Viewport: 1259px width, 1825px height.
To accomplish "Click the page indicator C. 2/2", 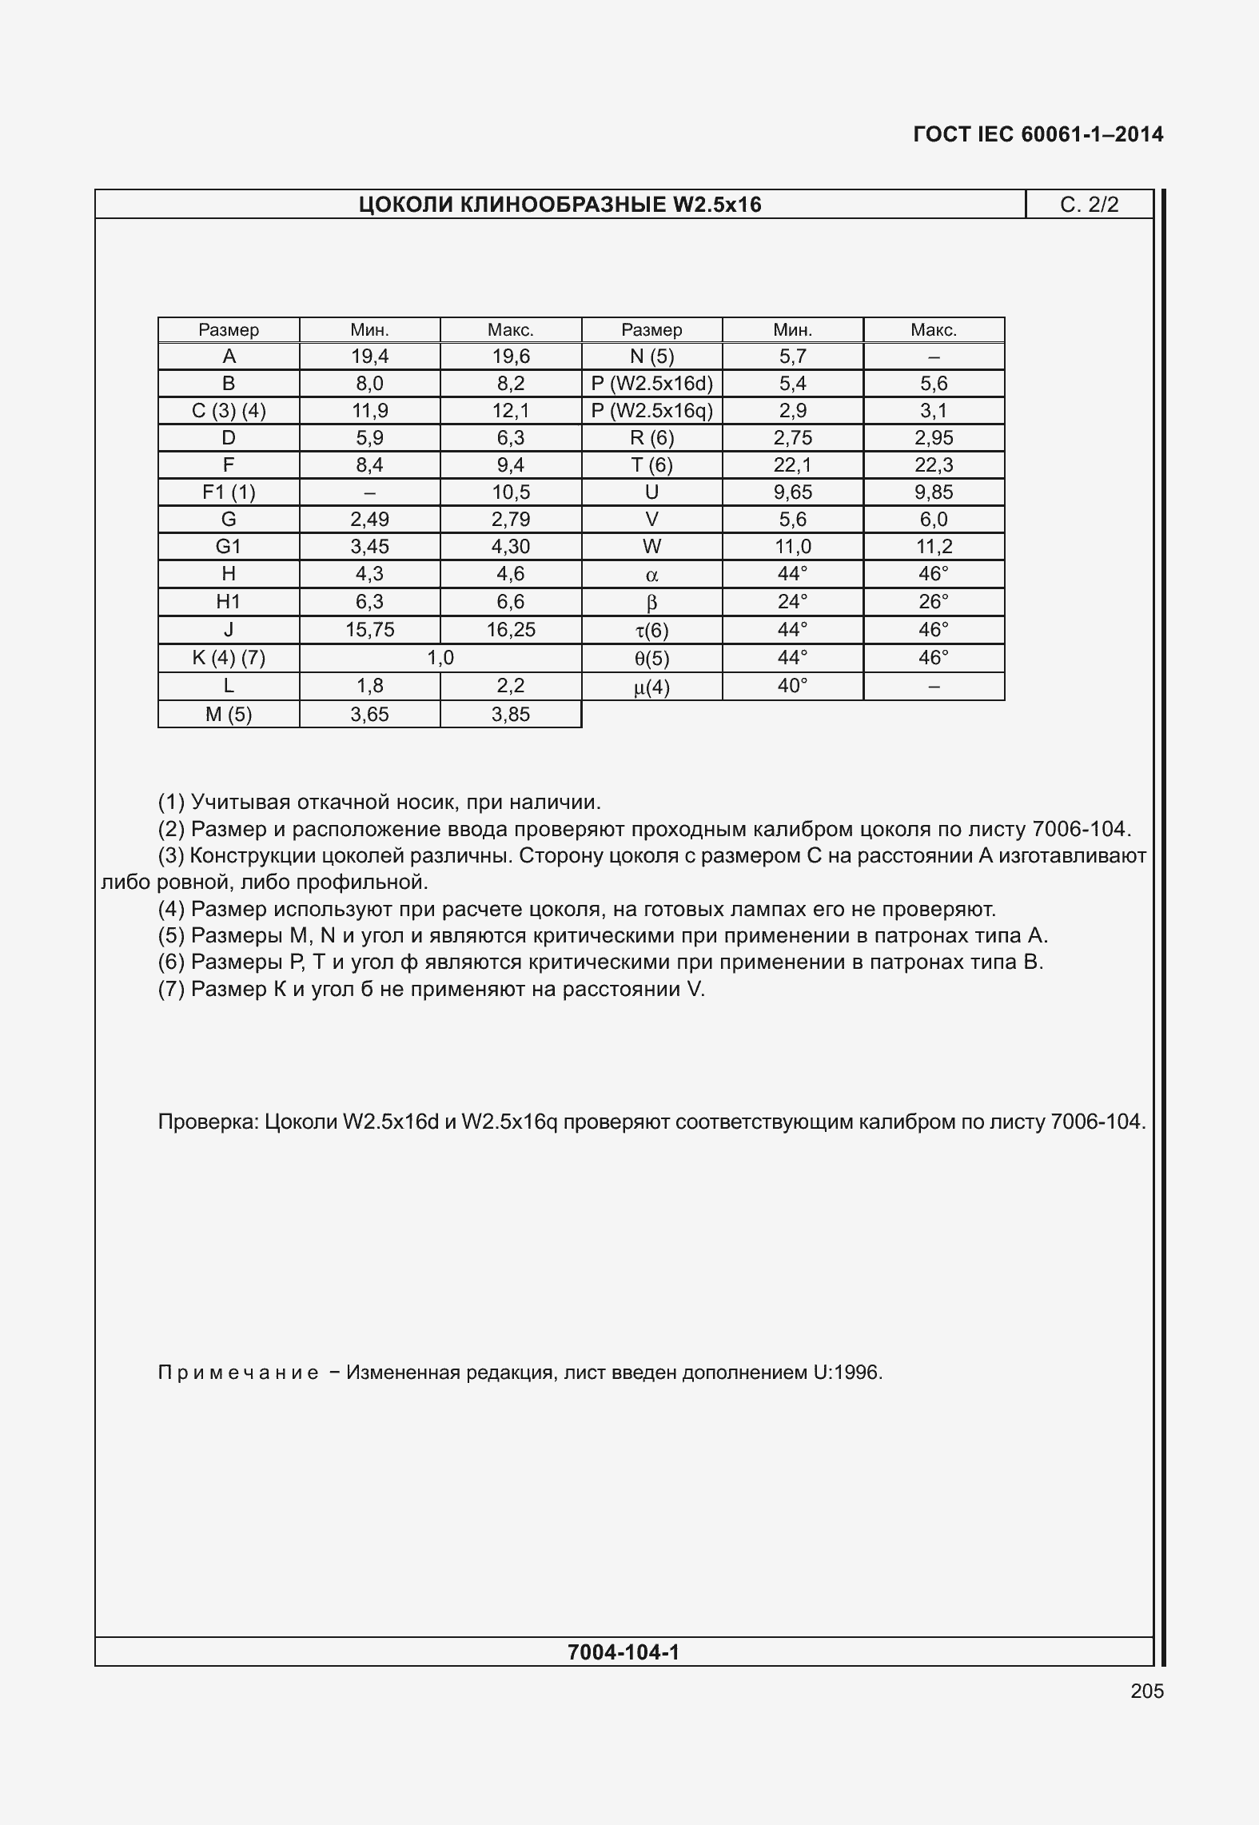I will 1089,205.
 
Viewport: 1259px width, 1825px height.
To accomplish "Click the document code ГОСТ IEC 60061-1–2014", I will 1038,134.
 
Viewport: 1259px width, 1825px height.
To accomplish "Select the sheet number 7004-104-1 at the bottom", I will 624,1652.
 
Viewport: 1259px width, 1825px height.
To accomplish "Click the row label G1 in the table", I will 229,547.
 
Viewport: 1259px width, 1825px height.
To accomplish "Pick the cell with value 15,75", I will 370,630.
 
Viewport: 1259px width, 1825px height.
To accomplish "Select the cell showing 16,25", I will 511,630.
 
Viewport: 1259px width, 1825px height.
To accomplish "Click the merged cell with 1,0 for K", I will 440,658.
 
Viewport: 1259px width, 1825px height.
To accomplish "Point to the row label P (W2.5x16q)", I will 651,411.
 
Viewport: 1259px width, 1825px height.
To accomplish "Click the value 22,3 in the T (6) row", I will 934,465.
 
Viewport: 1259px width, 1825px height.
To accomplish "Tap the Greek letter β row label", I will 651,603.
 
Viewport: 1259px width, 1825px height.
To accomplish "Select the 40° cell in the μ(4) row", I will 792,686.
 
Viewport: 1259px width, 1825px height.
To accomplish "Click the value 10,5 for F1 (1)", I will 511,492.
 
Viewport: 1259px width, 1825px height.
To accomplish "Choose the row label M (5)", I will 229,715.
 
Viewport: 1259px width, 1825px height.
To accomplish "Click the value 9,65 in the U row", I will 792,492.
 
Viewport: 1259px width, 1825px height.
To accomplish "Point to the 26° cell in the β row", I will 934,601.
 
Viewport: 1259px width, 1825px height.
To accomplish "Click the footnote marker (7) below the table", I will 172,990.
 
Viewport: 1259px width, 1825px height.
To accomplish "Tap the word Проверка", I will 208,1122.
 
